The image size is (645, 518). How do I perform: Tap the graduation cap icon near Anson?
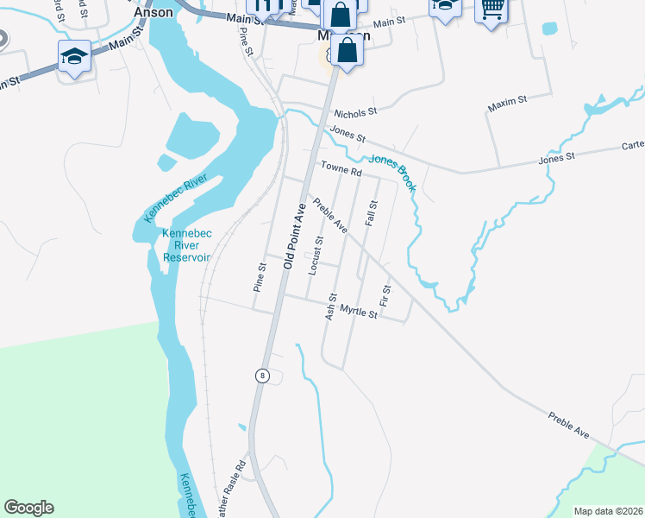click(x=74, y=57)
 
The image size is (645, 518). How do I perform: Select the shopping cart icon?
click(x=492, y=9)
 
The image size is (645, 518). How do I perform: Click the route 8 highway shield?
click(x=262, y=376)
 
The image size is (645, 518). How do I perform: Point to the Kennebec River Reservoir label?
click(x=186, y=245)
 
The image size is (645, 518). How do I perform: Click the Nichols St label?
click(x=356, y=112)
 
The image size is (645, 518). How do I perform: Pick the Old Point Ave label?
click(x=293, y=236)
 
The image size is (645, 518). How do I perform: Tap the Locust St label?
click(x=318, y=251)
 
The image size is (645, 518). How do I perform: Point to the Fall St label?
click(x=373, y=212)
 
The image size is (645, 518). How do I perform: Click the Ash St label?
click(x=330, y=306)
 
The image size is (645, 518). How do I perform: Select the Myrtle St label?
click(x=358, y=313)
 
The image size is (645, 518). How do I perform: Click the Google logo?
click(x=28, y=508)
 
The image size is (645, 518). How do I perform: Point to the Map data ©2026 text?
click(x=607, y=510)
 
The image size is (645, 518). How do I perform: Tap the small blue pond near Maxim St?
click(x=550, y=28)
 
